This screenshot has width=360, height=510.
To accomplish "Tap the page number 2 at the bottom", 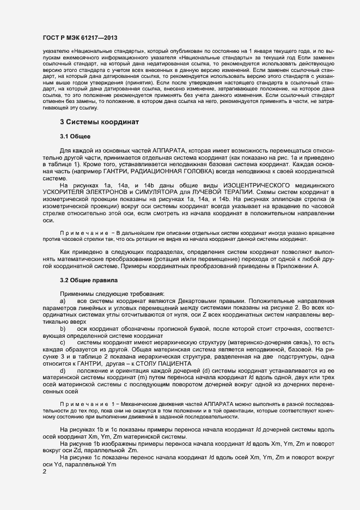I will [45, 472].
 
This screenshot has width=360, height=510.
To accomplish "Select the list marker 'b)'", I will [63, 329].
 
